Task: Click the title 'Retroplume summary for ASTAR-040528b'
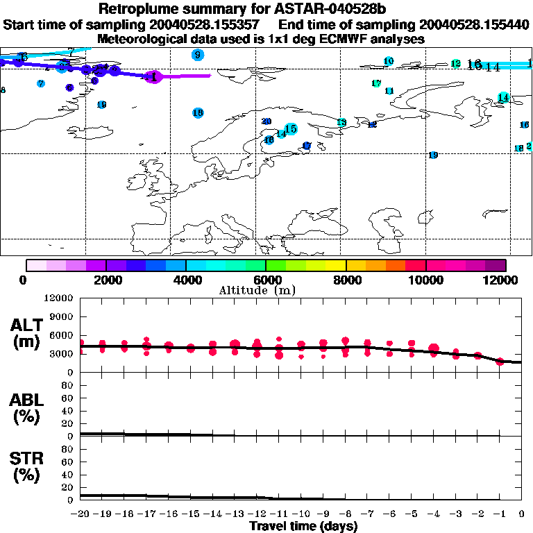[x=266, y=9]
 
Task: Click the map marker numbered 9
[x=198, y=55]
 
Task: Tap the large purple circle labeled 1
[x=154, y=77]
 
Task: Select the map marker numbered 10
[x=389, y=62]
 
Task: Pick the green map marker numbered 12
[x=455, y=64]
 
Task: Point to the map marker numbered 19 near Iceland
[x=101, y=105]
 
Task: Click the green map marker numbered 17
[x=376, y=84]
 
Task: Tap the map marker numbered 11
[x=389, y=91]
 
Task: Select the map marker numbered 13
[x=341, y=123]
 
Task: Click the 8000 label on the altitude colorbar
[x=346, y=280]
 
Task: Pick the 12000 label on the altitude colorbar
[x=505, y=280]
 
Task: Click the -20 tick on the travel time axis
[x=81, y=514]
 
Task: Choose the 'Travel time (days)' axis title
[x=303, y=527]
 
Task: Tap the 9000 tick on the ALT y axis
[x=62, y=316]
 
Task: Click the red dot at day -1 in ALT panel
[x=500, y=362]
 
